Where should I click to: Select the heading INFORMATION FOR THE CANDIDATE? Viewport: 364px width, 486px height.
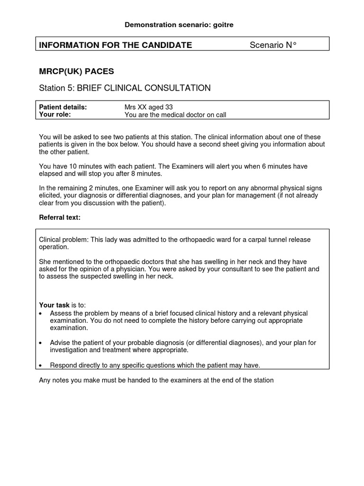(115, 45)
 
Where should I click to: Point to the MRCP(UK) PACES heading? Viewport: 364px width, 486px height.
(76, 72)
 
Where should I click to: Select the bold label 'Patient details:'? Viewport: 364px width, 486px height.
(63, 107)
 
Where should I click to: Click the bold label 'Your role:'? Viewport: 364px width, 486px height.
(55, 114)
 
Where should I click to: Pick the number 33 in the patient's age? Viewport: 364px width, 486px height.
(174, 107)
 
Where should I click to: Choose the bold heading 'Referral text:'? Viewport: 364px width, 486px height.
(60, 217)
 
